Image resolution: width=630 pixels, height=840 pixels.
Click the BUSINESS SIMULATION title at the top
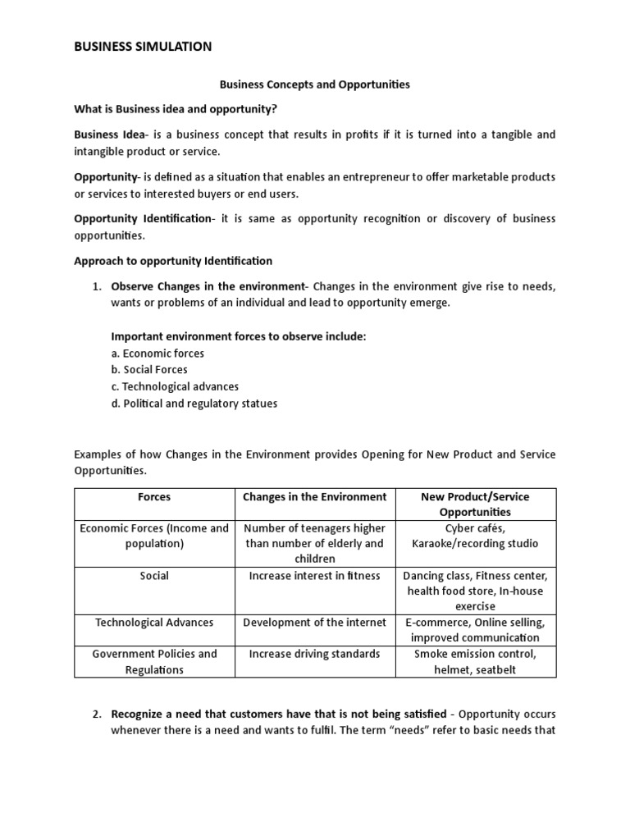tap(143, 47)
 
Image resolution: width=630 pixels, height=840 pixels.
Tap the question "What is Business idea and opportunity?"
tap(181, 109)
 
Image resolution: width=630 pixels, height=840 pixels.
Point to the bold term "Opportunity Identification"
tap(143, 218)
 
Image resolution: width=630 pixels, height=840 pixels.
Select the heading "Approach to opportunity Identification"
tap(172, 261)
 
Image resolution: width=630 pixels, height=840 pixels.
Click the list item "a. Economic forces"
tap(157, 353)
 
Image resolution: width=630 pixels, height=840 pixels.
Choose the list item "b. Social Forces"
tap(149, 369)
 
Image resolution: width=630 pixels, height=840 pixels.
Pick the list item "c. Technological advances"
tap(175, 386)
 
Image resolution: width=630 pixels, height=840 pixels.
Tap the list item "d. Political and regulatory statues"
tap(194, 403)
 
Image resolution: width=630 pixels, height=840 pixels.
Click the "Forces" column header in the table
tap(154, 497)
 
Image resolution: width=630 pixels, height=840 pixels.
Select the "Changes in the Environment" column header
tap(314, 497)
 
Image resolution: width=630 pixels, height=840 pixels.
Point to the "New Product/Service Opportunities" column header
tap(474, 504)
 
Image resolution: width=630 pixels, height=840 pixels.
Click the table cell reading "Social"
tap(154, 576)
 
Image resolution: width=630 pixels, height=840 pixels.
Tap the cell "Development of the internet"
tap(314, 623)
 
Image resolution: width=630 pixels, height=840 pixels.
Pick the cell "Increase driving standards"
tap(314, 654)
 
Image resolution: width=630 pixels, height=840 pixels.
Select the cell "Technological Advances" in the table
tap(154, 623)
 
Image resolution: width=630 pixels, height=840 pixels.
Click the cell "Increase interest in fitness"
tap(314, 576)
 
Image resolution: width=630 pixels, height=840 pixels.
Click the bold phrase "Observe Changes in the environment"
tap(207, 285)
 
